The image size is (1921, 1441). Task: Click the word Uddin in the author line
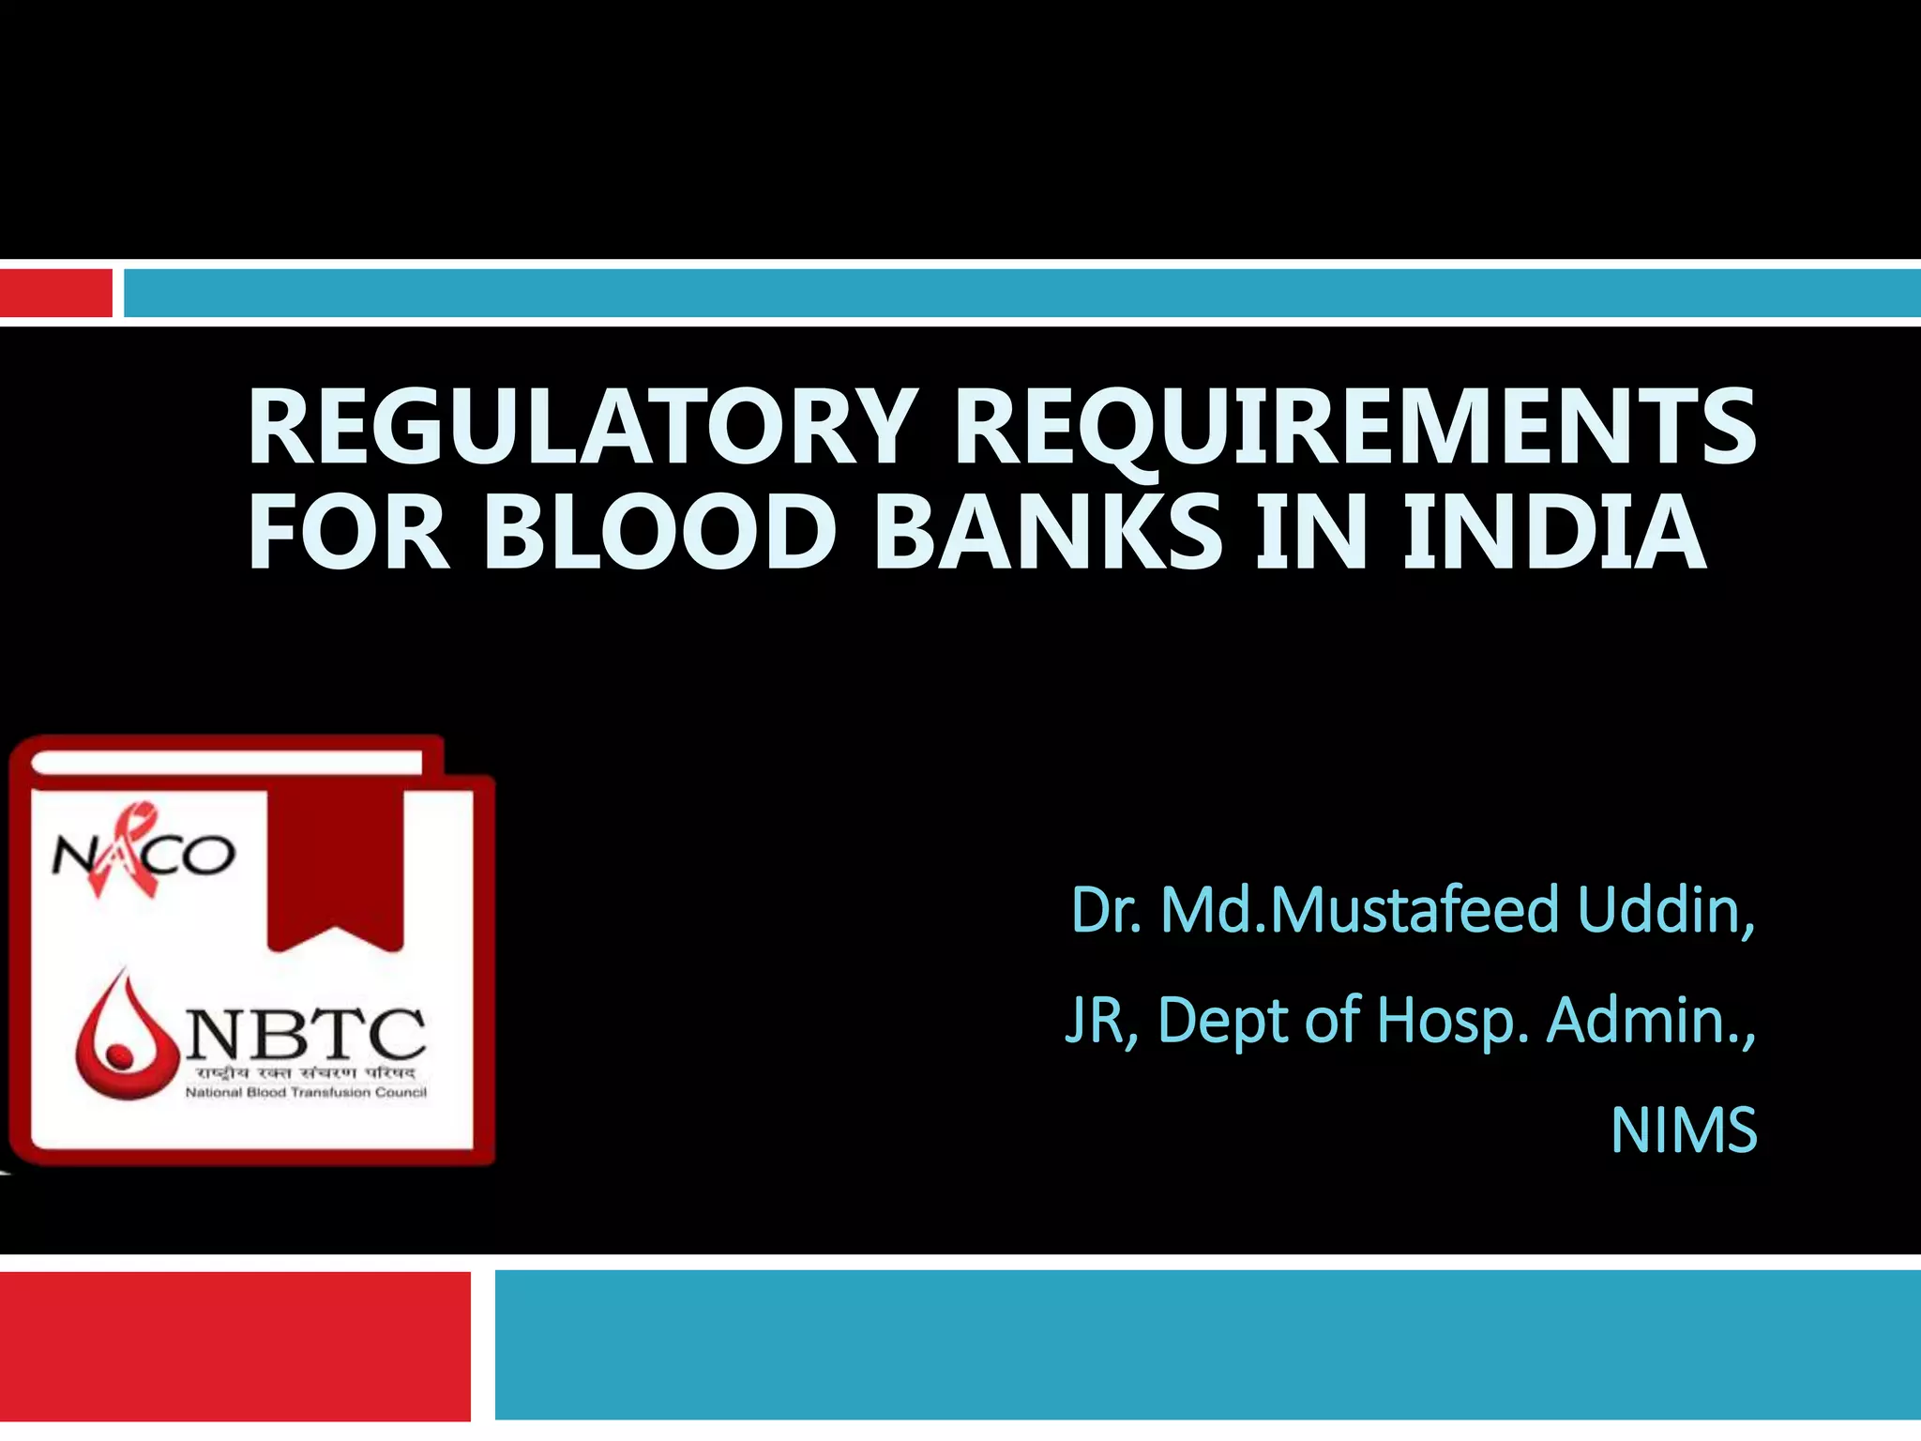pos(1665,909)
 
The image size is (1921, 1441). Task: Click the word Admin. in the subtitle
pos(1649,1020)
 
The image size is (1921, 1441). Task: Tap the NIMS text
pos(1683,1130)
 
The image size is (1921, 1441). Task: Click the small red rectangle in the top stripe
pos(55,293)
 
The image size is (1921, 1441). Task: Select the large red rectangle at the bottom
pos(234,1345)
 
